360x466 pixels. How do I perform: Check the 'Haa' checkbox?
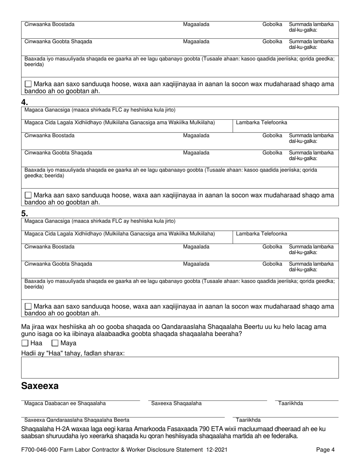tap(25, 343)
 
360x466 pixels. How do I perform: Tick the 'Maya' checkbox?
tap(55, 343)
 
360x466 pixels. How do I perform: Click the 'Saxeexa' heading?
tap(40, 386)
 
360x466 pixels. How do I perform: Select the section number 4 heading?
tap(25, 102)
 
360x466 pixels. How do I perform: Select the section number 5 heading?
tap(25, 213)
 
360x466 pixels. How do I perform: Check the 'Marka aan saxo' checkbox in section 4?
tap(28, 195)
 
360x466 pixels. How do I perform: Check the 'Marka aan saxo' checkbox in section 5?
tap(28, 306)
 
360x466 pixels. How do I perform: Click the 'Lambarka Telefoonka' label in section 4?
tap(261, 122)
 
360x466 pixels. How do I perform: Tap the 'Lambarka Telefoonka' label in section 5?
tap(261, 233)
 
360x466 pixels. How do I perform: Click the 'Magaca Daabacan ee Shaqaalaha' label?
tap(65, 403)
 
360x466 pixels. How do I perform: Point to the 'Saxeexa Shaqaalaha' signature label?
tap(176, 403)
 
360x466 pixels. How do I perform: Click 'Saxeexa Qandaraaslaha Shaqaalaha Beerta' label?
tap(77, 420)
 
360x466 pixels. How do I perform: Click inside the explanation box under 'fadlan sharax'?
tap(180, 367)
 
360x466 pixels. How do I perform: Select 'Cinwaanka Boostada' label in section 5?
tap(49, 247)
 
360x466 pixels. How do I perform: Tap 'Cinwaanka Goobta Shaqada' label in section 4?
tap(58, 153)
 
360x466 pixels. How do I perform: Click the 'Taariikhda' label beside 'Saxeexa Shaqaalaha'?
tap(291, 403)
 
